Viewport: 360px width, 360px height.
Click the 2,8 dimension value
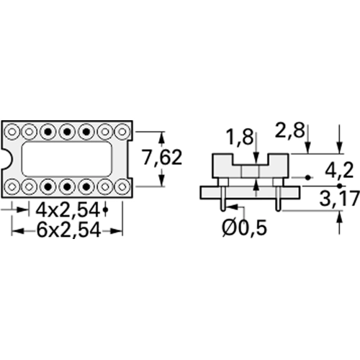289,131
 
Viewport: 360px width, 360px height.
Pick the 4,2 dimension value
338,171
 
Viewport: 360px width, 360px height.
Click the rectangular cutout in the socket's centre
66,158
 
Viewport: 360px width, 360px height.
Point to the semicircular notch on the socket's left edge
6,158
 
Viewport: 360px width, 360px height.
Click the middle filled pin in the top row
67,132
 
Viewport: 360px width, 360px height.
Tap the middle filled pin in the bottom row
67,186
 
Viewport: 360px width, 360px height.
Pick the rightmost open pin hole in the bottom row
122,186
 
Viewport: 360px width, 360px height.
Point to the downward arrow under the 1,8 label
257,159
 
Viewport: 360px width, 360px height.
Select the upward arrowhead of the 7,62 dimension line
161,136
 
